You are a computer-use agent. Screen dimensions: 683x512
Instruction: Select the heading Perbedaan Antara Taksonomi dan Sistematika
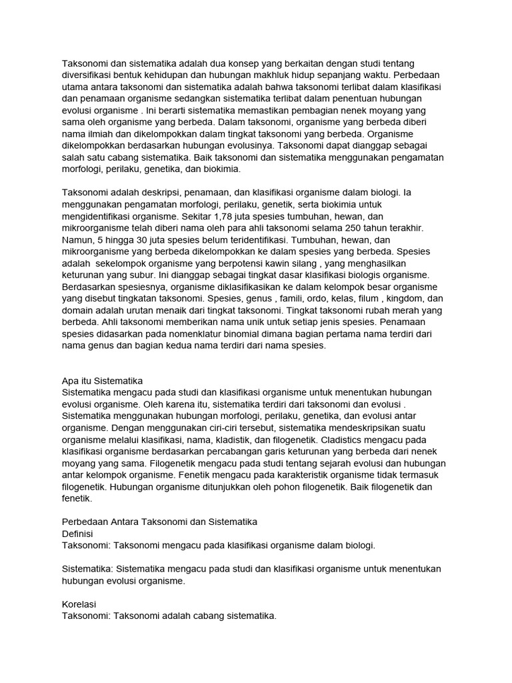[x=159, y=521]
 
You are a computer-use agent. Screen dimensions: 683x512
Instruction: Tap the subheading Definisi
[x=77, y=534]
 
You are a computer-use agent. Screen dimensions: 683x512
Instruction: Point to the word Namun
[x=78, y=241]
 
